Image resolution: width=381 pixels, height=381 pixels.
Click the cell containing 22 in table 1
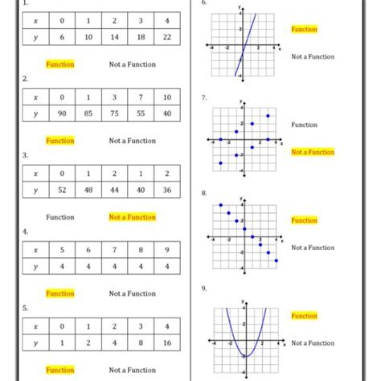click(x=166, y=37)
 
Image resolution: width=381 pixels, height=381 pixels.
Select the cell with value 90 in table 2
click(x=61, y=113)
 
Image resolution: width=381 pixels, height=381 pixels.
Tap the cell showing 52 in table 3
click(x=61, y=190)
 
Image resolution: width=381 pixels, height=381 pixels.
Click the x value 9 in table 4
click(x=166, y=249)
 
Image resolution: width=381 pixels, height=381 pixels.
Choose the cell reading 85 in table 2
click(x=88, y=113)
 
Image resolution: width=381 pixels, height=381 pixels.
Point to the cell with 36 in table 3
click(x=166, y=190)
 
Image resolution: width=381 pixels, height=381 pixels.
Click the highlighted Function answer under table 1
click(x=60, y=64)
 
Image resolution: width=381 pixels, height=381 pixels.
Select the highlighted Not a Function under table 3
click(x=133, y=217)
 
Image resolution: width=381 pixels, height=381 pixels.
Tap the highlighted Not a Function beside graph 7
click(x=312, y=152)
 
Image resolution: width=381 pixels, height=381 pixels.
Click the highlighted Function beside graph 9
click(x=304, y=316)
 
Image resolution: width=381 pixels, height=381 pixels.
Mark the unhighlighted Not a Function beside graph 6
click(x=313, y=57)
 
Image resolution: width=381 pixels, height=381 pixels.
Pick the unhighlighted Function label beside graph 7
click(x=304, y=125)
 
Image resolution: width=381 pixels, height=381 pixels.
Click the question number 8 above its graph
click(x=204, y=193)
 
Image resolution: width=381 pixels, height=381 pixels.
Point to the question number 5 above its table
click(x=26, y=307)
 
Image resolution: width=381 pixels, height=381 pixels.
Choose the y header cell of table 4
click(x=35, y=266)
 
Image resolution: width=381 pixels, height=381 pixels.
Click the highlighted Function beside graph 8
click(x=304, y=220)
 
